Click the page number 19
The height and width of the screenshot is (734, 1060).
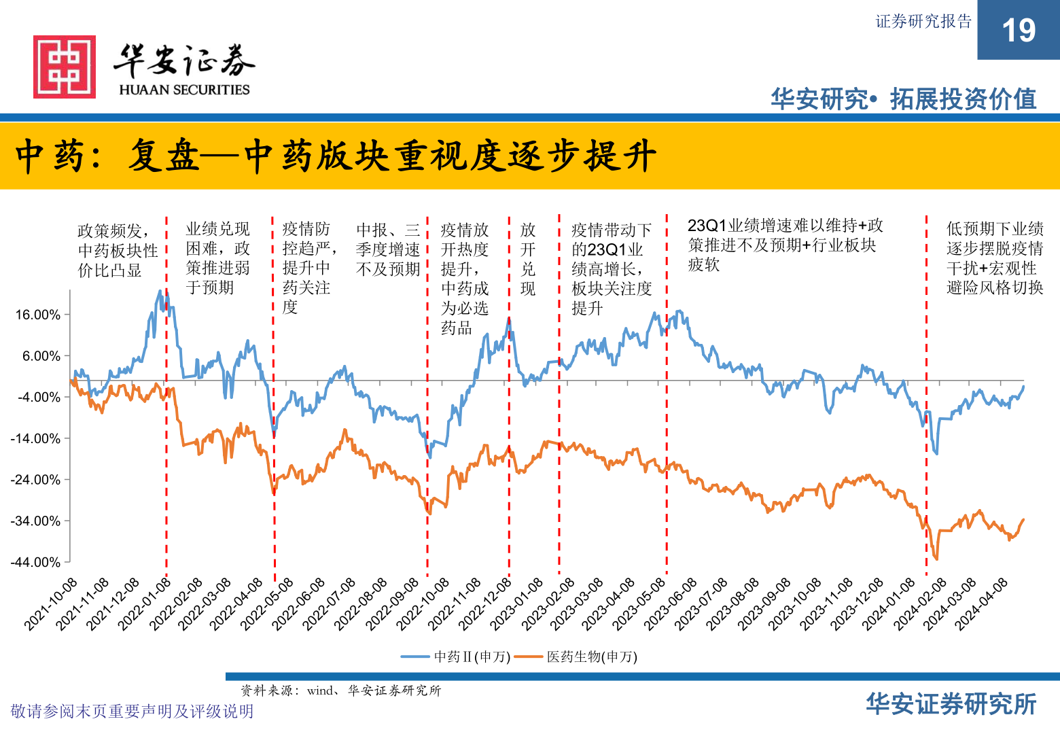click(x=1018, y=31)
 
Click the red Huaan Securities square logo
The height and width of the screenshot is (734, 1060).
click(x=65, y=67)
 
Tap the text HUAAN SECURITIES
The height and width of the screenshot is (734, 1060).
click(x=184, y=90)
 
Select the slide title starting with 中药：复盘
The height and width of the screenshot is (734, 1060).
click(x=336, y=156)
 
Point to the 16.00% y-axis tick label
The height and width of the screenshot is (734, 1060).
click(x=38, y=315)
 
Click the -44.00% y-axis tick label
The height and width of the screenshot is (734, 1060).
click(x=35, y=562)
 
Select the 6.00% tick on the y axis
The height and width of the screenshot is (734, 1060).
click(x=41, y=356)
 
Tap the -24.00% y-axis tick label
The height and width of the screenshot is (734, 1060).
click(x=35, y=480)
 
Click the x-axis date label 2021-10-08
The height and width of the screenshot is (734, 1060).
click(x=51, y=604)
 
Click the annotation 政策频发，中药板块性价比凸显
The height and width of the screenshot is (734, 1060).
click(x=118, y=251)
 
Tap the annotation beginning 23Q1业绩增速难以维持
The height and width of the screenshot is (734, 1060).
click(x=785, y=245)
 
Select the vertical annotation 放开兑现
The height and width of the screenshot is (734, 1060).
click(x=528, y=259)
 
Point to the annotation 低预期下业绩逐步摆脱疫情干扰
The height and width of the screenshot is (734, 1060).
click(x=995, y=258)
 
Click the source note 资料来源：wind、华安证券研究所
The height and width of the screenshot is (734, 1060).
click(x=340, y=691)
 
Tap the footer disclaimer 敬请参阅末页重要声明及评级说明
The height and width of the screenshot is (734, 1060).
click(x=132, y=711)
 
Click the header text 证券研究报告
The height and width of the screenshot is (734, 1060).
click(x=923, y=22)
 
